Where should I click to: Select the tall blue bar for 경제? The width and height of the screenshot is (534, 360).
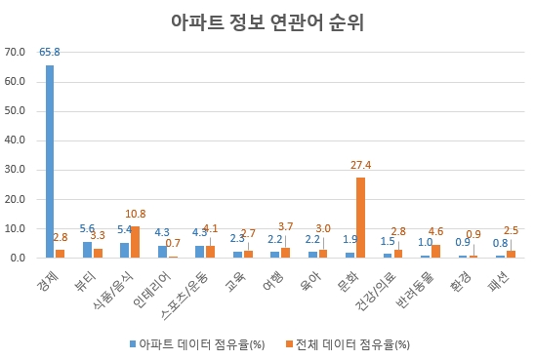point(50,161)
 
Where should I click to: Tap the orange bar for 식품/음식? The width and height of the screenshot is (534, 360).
point(136,242)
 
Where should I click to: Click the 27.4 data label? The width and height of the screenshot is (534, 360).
point(362,166)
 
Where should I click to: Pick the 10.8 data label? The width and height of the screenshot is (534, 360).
point(137,214)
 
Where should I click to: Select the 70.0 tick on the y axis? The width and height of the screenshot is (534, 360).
point(16,52)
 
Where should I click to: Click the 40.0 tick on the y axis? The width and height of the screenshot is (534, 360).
point(16,140)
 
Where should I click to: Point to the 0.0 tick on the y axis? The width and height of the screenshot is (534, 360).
point(19,258)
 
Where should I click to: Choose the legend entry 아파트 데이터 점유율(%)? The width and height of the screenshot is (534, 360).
point(195,343)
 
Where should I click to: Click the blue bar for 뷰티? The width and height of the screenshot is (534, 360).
point(87,250)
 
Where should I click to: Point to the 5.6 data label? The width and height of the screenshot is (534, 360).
point(86,230)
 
